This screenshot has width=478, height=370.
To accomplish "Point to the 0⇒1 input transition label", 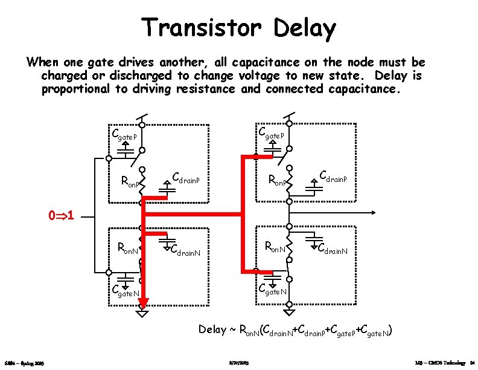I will click(61, 215).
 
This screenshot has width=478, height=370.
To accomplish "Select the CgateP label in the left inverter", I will click(125, 134).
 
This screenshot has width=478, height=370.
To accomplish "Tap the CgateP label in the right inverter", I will click(271, 133).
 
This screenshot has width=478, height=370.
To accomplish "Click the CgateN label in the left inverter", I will click(126, 291).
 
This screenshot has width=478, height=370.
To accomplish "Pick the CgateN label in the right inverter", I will click(273, 290).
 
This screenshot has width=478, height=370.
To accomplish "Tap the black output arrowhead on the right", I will click(375, 212).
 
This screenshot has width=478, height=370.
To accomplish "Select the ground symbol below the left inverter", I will click(141, 313).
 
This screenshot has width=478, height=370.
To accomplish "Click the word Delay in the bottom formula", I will click(212, 329).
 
